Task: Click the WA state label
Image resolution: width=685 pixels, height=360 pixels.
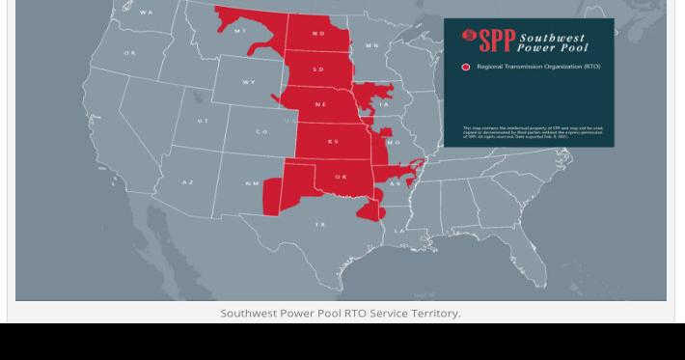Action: coord(147,13)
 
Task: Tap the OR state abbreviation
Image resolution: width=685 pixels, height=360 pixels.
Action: coord(130,52)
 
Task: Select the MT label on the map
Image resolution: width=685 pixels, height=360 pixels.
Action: coord(240,31)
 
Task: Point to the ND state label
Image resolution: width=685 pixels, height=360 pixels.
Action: coord(318,34)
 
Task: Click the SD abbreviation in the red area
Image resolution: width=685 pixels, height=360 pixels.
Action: coord(318,69)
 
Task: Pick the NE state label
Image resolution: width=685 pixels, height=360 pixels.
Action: coord(320,104)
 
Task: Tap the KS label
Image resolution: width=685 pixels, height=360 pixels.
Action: coord(333,141)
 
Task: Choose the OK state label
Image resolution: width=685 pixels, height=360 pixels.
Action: coord(341,178)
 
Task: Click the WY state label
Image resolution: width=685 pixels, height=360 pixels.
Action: coord(249,82)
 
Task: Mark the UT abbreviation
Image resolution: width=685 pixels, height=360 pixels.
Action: coord(203,121)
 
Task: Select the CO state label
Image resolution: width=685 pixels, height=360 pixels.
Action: coord(261,131)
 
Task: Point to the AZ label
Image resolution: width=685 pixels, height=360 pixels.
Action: coord(188,181)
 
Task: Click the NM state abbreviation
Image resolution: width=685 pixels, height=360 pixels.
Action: coord(252,183)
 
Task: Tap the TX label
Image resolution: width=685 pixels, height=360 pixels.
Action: coord(319,224)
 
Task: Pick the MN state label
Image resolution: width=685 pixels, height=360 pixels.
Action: coord(372,45)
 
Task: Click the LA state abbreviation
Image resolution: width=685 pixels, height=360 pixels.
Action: coord(399,232)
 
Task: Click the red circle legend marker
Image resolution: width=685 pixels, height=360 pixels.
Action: coord(466,67)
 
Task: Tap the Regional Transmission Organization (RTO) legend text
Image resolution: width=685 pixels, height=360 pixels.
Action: coord(537,67)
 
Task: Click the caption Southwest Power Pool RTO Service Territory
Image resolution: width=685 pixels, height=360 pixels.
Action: coord(341,313)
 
